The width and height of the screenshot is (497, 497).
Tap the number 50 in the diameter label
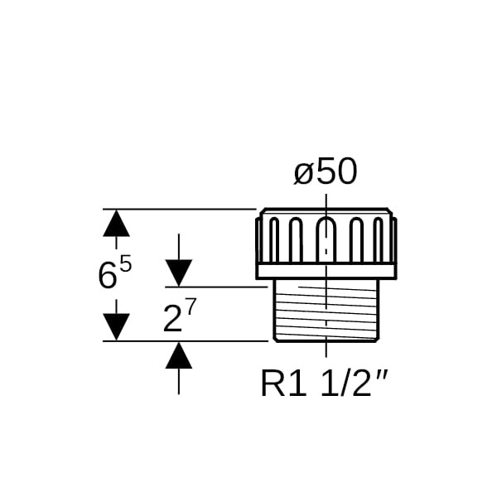pos(336,172)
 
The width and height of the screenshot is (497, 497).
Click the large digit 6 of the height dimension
pos(107,275)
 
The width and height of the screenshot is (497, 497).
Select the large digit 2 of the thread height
pos(171,319)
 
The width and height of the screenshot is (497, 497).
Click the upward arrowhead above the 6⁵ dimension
pos(117,223)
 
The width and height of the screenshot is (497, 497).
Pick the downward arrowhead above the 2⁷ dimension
pos(178,273)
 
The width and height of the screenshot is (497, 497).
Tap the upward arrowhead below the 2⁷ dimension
pos(178,355)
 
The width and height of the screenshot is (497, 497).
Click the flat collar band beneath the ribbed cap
pos(326,270)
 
